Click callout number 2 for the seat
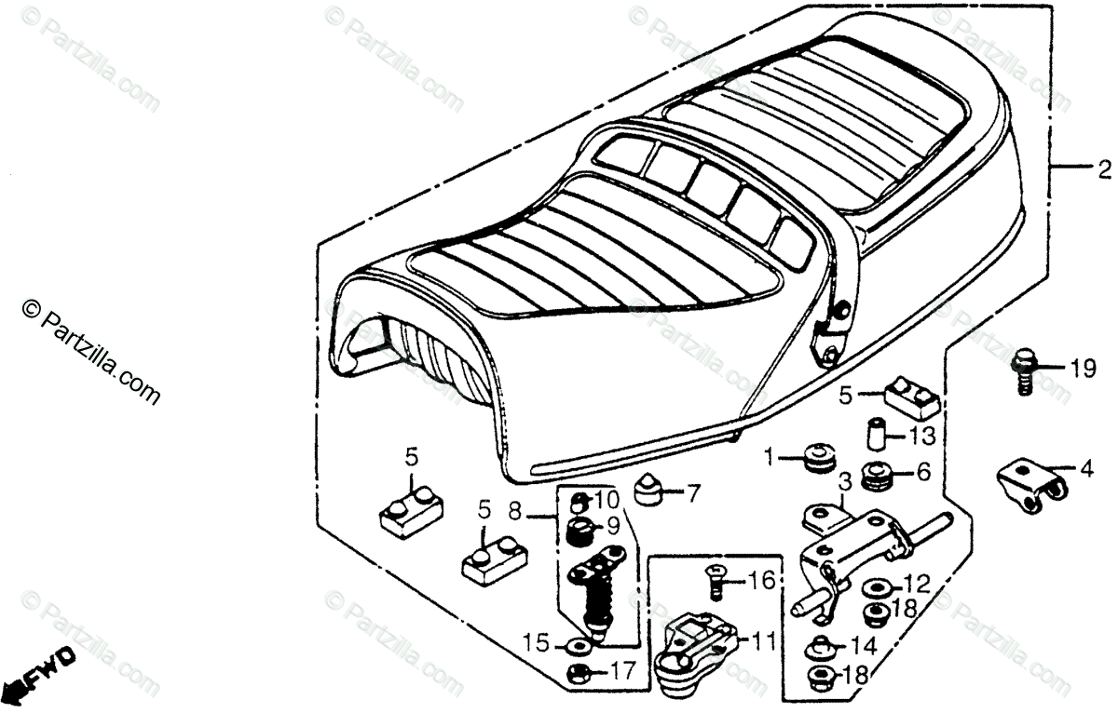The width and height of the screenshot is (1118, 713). click(x=1103, y=170)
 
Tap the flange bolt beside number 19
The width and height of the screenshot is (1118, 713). click(x=1024, y=373)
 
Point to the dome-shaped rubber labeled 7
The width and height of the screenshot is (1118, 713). click(x=648, y=489)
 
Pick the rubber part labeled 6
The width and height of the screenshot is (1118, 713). click(x=878, y=476)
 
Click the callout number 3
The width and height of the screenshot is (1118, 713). click(x=844, y=482)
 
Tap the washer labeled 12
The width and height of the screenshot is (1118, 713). click(x=875, y=586)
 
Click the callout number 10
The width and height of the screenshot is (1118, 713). click(x=607, y=501)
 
